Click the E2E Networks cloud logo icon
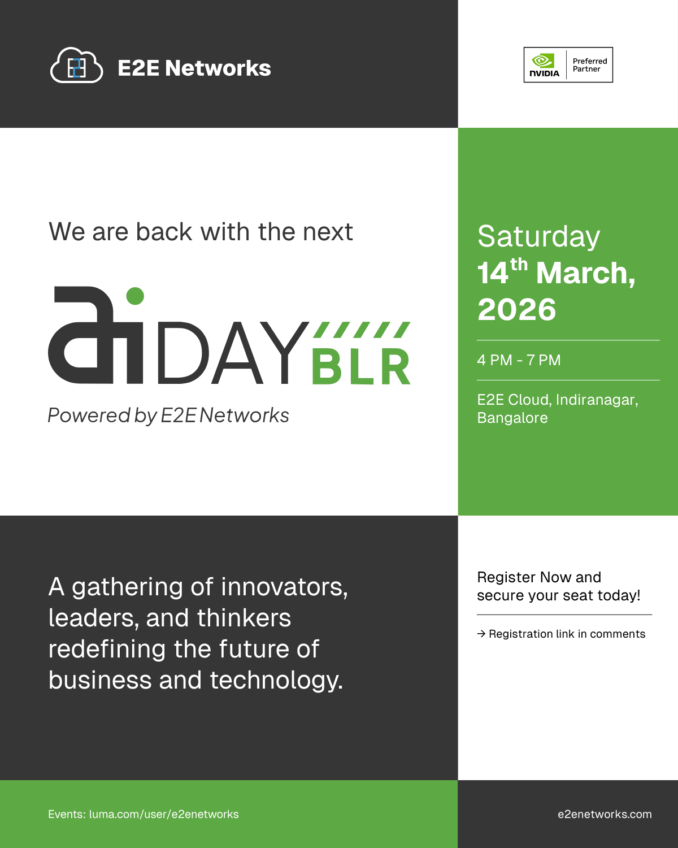[x=76, y=65]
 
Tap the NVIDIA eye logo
[x=543, y=60]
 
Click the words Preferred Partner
[x=590, y=65]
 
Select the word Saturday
[x=538, y=237]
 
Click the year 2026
[x=517, y=309]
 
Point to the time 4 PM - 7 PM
[x=519, y=360]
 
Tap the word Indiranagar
[x=597, y=400]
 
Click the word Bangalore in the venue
[x=512, y=418]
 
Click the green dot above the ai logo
[x=135, y=296]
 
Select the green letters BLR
[x=361, y=367]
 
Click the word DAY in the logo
[x=233, y=353]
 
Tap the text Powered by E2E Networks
[x=168, y=416]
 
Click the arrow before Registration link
[x=481, y=634]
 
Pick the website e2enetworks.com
[x=605, y=814]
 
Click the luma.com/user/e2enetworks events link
[x=164, y=814]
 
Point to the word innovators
[x=284, y=587]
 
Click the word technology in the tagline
[x=276, y=681]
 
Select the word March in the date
[x=585, y=273]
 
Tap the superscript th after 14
[x=519, y=265]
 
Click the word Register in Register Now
[x=506, y=578]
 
